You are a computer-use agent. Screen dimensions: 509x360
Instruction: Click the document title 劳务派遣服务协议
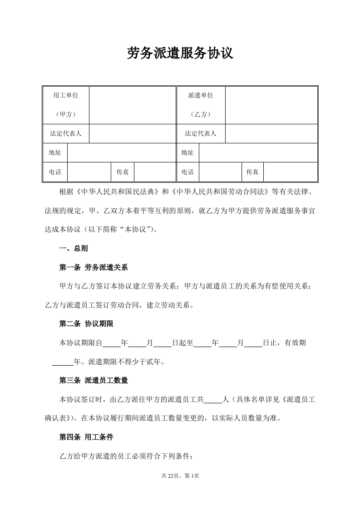tap(180, 54)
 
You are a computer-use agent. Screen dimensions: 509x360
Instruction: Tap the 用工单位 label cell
tap(66, 105)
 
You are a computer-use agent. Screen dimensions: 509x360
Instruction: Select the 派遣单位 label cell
tap(201, 105)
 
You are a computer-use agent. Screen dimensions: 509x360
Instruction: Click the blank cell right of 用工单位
tap(132, 105)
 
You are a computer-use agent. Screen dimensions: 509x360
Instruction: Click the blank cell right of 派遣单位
tap(271, 105)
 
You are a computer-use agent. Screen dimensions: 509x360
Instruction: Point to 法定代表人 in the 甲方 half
tap(66, 134)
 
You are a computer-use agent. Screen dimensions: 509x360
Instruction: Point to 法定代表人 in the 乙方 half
tap(201, 134)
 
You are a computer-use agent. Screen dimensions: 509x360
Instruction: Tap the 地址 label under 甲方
tap(55, 153)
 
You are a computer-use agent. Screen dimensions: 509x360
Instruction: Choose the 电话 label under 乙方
tap(187, 172)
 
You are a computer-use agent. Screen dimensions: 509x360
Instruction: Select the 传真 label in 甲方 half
tap(123, 172)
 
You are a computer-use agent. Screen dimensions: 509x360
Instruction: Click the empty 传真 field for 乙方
tap(290, 172)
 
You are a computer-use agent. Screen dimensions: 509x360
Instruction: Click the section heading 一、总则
tap(74, 249)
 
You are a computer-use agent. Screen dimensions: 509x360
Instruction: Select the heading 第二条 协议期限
tap(86, 324)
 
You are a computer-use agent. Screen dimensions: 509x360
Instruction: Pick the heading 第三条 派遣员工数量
tap(96, 380)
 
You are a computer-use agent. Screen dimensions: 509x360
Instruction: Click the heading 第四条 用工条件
tap(86, 437)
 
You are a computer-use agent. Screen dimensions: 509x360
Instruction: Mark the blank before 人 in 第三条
tap(212, 400)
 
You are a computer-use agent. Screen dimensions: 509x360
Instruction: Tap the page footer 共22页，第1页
tap(180, 476)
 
